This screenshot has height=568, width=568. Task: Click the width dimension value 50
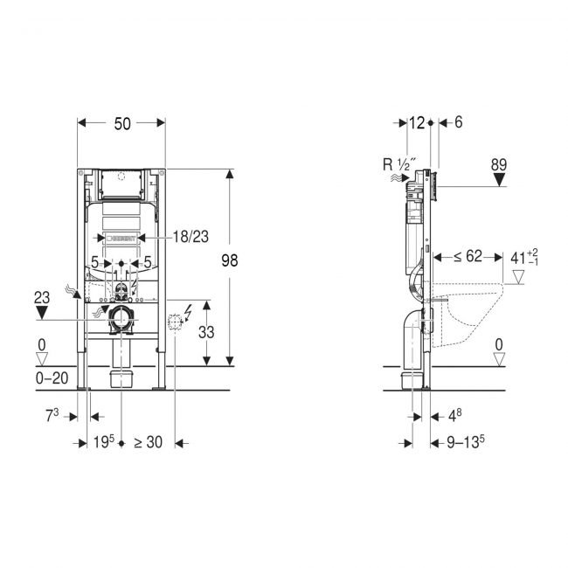pyautogui.click(x=122, y=124)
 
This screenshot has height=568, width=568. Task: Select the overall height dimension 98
pyautogui.click(x=230, y=260)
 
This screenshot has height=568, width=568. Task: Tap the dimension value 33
pyautogui.click(x=206, y=332)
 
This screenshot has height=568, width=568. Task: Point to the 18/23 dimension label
pyautogui.click(x=190, y=237)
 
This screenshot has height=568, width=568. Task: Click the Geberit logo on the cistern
pyautogui.click(x=121, y=239)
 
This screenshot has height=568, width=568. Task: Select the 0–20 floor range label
pyautogui.click(x=52, y=378)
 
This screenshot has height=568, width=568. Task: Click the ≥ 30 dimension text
pyautogui.click(x=149, y=442)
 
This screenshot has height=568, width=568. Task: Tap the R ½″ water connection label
pyautogui.click(x=397, y=165)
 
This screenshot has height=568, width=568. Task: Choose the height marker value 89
pyautogui.click(x=499, y=165)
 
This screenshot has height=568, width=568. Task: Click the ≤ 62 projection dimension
pyautogui.click(x=468, y=256)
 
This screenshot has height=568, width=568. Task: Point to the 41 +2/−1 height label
pyautogui.click(x=524, y=257)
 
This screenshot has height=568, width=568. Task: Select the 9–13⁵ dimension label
pyautogui.click(x=466, y=441)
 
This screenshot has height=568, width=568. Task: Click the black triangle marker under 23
pyautogui.click(x=42, y=312)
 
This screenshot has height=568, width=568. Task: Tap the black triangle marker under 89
pyautogui.click(x=500, y=180)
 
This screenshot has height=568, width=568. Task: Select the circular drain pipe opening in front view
pyautogui.click(x=121, y=320)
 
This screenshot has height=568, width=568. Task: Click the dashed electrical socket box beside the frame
pyautogui.click(x=175, y=322)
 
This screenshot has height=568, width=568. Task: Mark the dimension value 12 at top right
pyautogui.click(x=417, y=123)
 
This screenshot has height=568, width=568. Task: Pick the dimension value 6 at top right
pyautogui.click(x=458, y=123)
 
